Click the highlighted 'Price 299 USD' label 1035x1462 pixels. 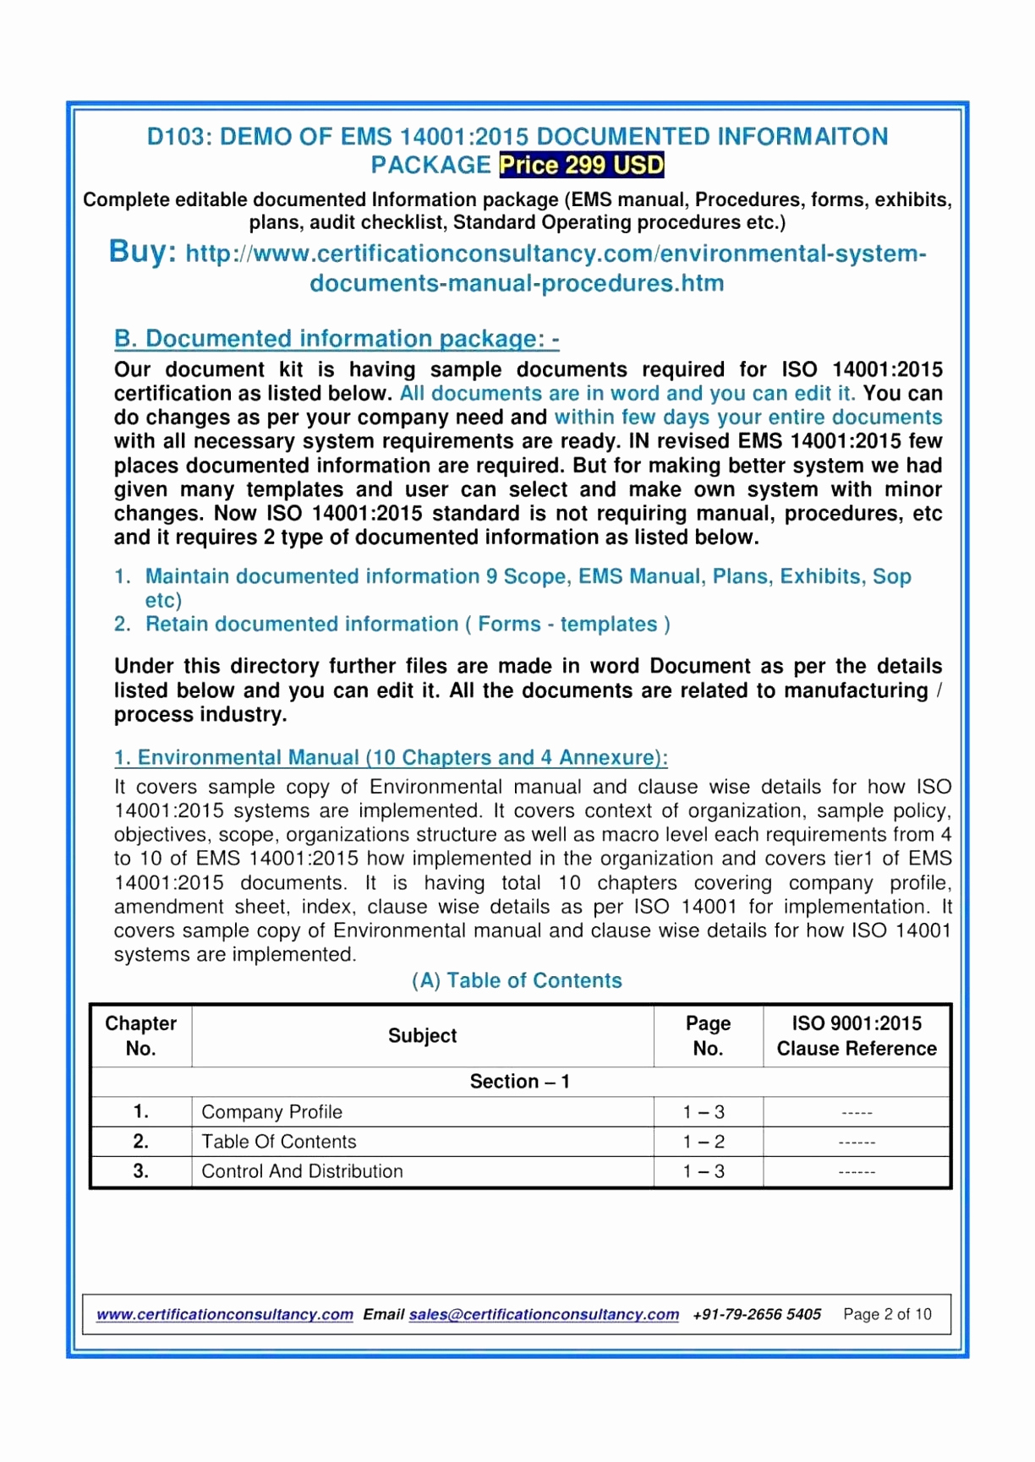tap(581, 165)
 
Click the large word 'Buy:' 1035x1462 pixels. tap(142, 252)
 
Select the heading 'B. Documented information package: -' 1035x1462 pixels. tap(337, 339)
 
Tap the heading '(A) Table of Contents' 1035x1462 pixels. tap(517, 980)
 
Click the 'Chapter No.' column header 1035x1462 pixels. tap(140, 1036)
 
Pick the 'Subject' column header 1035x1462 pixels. tap(422, 1036)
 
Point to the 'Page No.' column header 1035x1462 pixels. tap(708, 1036)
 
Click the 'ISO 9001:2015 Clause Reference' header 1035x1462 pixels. tap(857, 1036)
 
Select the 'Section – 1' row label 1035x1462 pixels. tap(519, 1082)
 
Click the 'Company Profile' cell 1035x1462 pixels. tap(271, 1112)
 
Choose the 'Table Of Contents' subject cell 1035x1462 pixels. tap(279, 1142)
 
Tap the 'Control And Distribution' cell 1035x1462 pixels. tap(302, 1171)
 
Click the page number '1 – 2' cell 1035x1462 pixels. tap(704, 1142)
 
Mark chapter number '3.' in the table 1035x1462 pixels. tap(141, 1171)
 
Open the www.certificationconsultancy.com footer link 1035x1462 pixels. tap(225, 1314)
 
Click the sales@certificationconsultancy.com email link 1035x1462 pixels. tap(544, 1314)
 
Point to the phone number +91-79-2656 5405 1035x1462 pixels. tap(757, 1314)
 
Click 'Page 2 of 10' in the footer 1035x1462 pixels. tap(887, 1314)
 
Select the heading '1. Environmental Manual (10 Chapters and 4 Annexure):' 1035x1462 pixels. tap(391, 757)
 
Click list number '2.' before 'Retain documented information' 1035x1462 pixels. tap(123, 625)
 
